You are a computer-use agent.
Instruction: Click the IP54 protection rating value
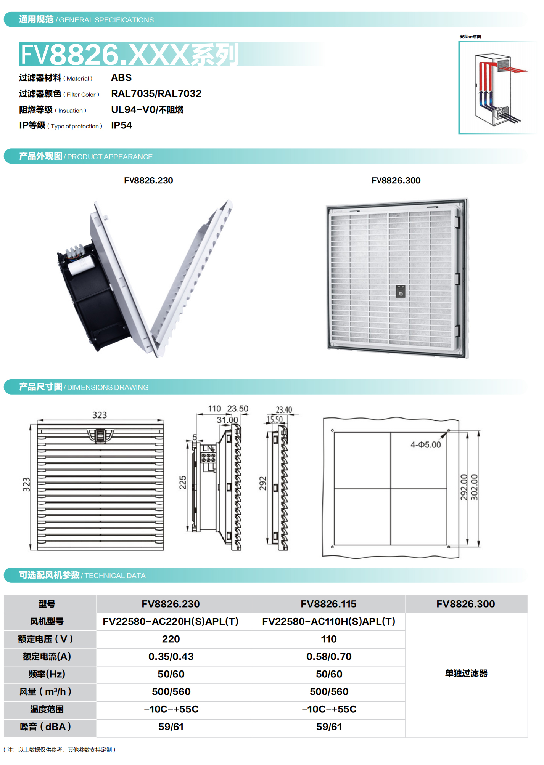tap(121, 125)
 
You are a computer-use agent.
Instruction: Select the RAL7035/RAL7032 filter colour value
tap(156, 93)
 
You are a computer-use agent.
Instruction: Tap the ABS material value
tap(121, 78)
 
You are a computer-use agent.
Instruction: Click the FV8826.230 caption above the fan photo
tap(148, 180)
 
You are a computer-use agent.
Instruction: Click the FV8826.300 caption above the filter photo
tap(396, 180)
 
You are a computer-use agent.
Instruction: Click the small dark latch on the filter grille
tap(401, 291)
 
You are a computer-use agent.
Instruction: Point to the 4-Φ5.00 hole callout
tap(425, 445)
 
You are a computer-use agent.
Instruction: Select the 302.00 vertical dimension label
tap(474, 488)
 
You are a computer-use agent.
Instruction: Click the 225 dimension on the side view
tap(183, 483)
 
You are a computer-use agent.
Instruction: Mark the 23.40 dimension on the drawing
tap(284, 410)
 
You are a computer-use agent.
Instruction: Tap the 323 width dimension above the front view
tap(100, 415)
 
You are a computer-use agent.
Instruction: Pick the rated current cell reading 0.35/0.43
tap(171, 656)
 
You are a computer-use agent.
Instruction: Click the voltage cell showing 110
tap(329, 639)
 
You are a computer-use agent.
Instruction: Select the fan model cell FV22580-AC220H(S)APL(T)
tap(171, 621)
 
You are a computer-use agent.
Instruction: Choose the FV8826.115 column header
tap(328, 604)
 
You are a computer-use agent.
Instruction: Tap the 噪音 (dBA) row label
tap(46, 727)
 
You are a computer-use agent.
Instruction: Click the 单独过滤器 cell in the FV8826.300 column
tap(466, 673)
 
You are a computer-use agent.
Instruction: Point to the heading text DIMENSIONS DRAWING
tap(108, 387)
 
